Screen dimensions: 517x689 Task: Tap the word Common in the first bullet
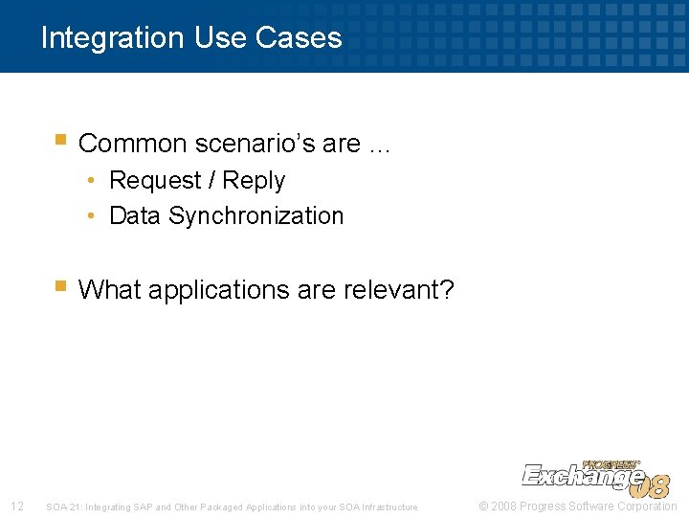[x=132, y=144]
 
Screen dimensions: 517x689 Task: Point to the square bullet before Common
[x=60, y=141]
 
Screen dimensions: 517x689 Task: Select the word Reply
[x=254, y=181]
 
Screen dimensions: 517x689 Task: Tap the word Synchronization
[x=256, y=216]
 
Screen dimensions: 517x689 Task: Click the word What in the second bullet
[x=107, y=289]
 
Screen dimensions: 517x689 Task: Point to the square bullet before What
[x=60, y=286]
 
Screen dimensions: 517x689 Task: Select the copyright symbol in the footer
[x=483, y=506]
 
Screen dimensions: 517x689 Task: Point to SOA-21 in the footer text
[x=62, y=507]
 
